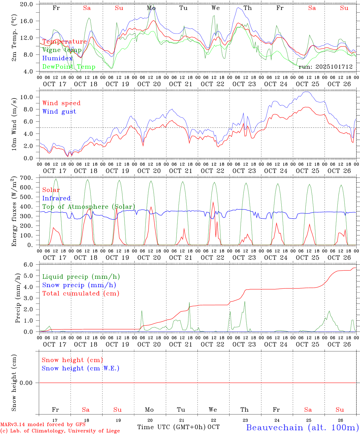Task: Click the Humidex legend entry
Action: click(x=57, y=58)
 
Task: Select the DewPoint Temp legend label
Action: click(x=69, y=67)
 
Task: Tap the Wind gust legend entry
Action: click(x=59, y=112)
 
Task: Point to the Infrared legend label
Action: click(x=56, y=198)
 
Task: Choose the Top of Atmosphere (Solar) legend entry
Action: click(x=89, y=207)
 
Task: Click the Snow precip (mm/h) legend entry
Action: click(x=79, y=285)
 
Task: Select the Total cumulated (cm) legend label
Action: click(x=81, y=294)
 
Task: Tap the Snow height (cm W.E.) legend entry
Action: click(x=80, y=368)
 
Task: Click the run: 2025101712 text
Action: click(x=325, y=67)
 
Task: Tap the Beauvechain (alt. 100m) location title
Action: click(x=302, y=427)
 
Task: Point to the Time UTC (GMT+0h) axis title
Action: click(x=172, y=427)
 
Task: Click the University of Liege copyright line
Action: click(x=60, y=431)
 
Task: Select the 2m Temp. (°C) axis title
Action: click(x=14, y=38)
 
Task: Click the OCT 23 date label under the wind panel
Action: click(x=244, y=171)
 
